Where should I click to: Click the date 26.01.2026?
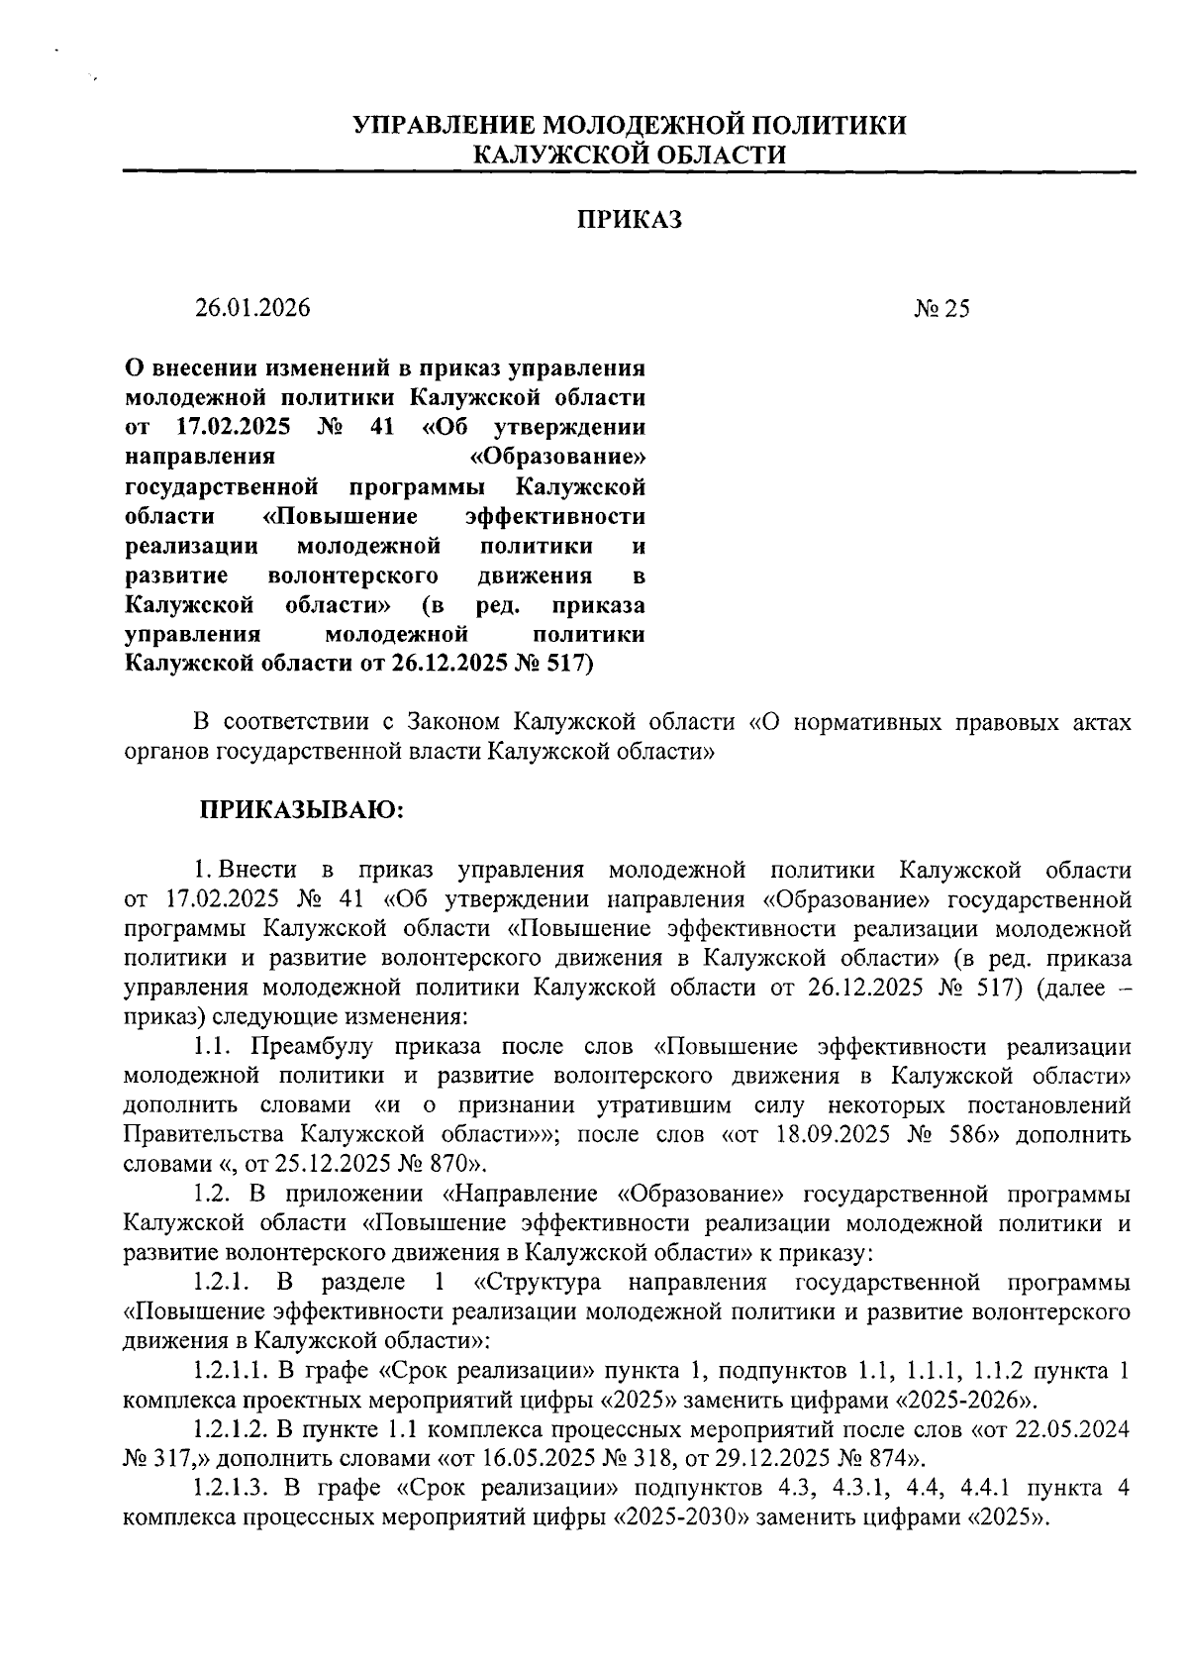[252, 308]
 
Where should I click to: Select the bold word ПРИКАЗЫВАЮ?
[303, 809]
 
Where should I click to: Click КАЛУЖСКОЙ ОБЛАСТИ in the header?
[631, 154]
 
